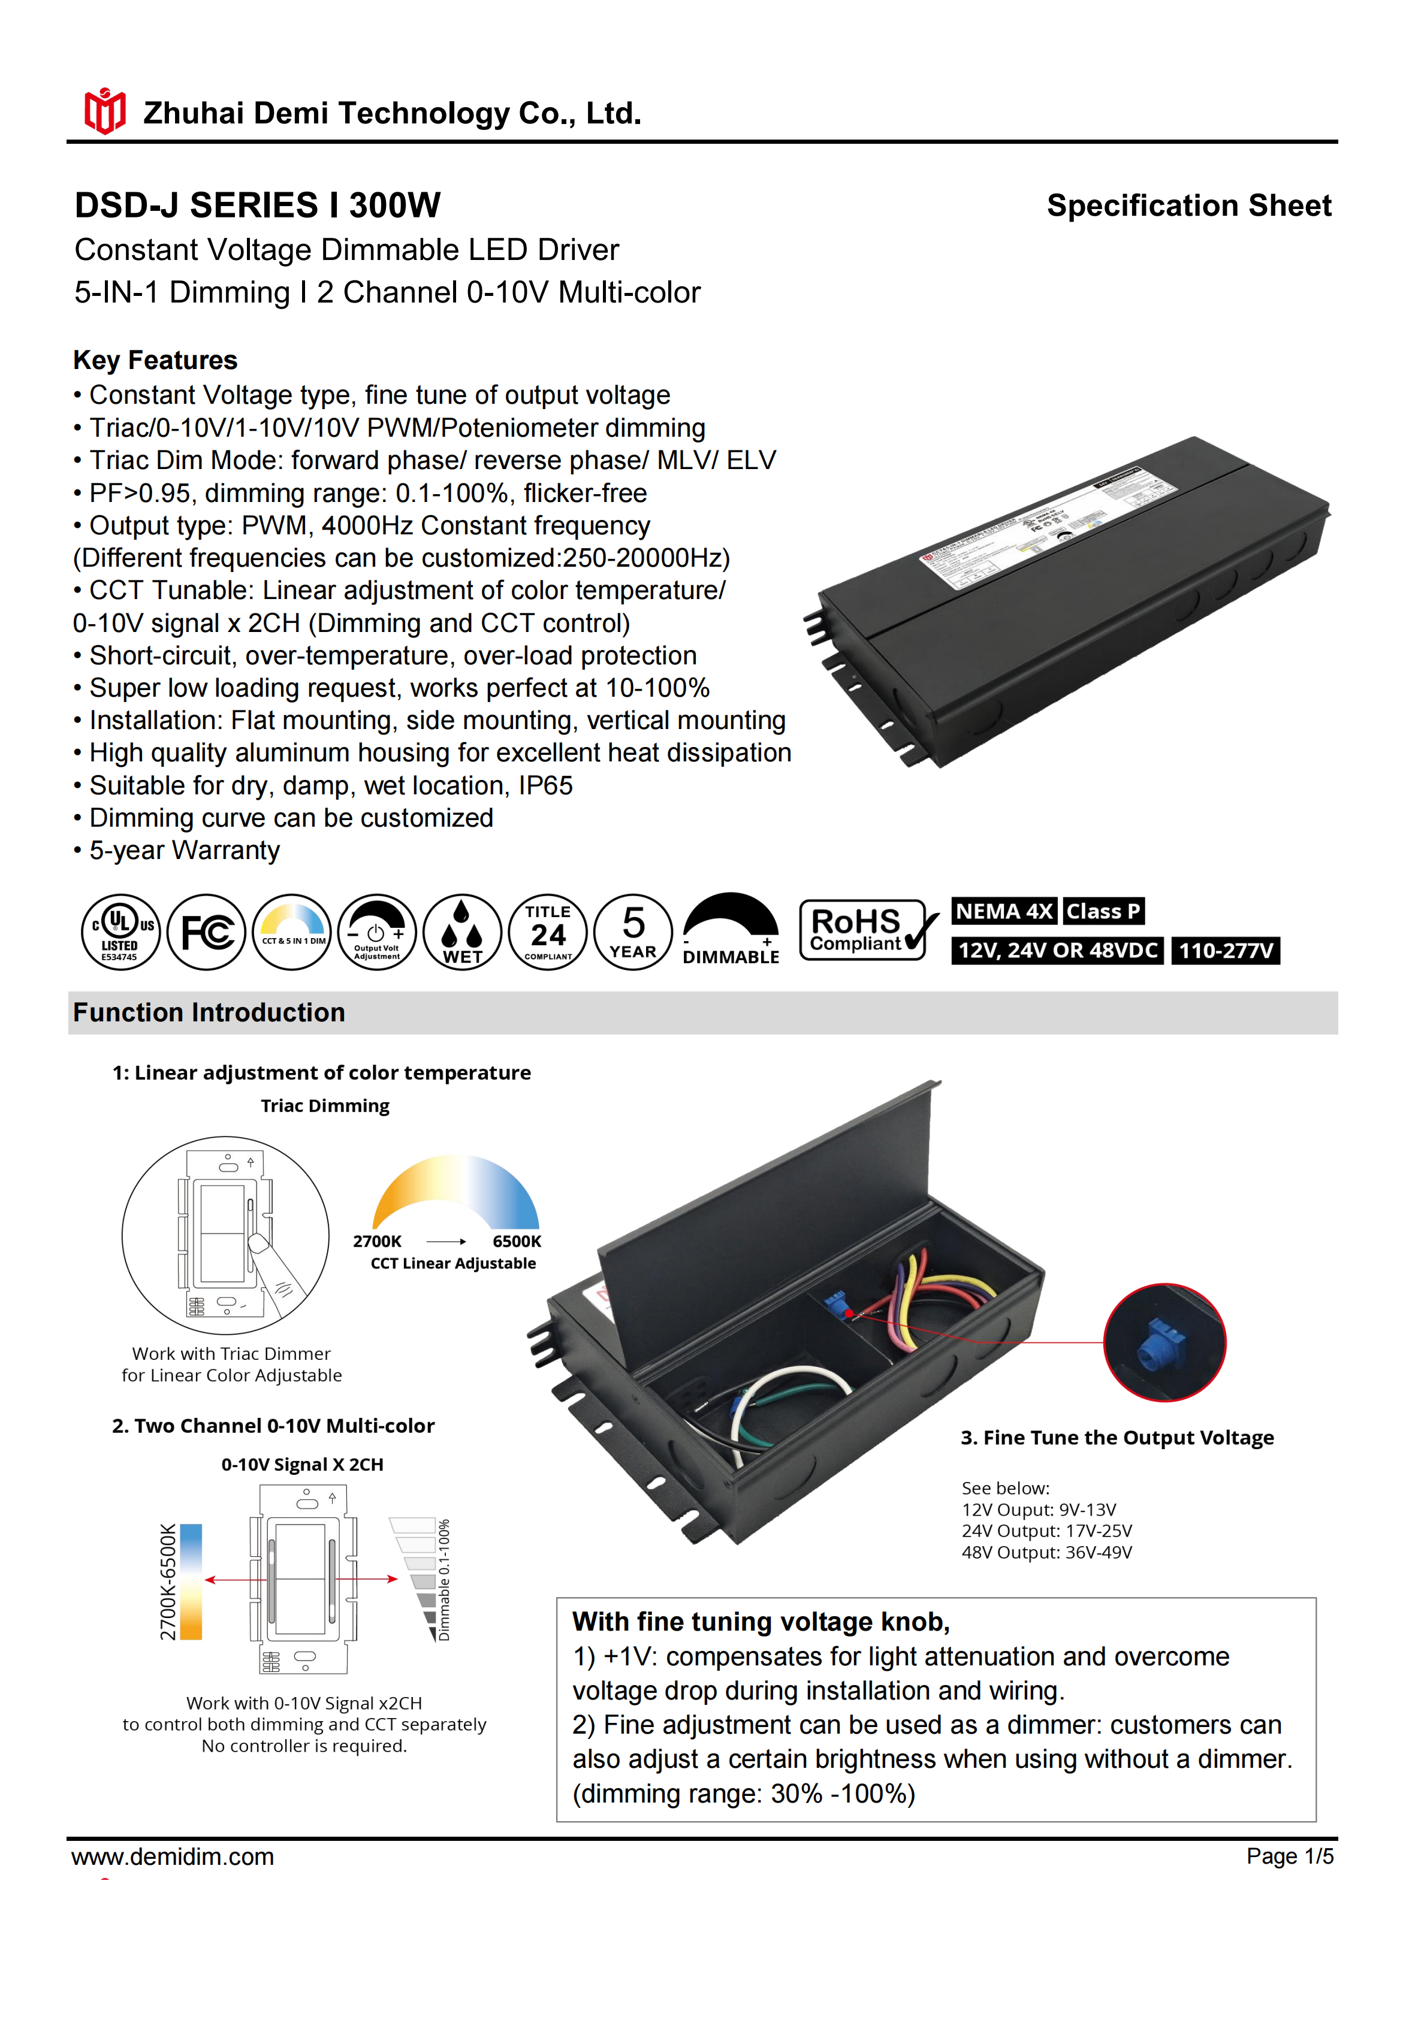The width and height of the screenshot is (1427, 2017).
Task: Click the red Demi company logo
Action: (x=104, y=111)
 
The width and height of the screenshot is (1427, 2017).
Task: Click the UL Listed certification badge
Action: (x=120, y=932)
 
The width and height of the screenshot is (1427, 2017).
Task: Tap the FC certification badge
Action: (x=207, y=932)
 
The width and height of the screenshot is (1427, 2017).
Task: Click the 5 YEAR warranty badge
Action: (x=633, y=932)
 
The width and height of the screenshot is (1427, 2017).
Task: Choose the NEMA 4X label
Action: (x=1003, y=911)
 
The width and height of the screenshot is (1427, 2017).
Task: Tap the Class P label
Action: (x=1103, y=911)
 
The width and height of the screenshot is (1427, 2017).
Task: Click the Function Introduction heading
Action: (x=209, y=1013)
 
